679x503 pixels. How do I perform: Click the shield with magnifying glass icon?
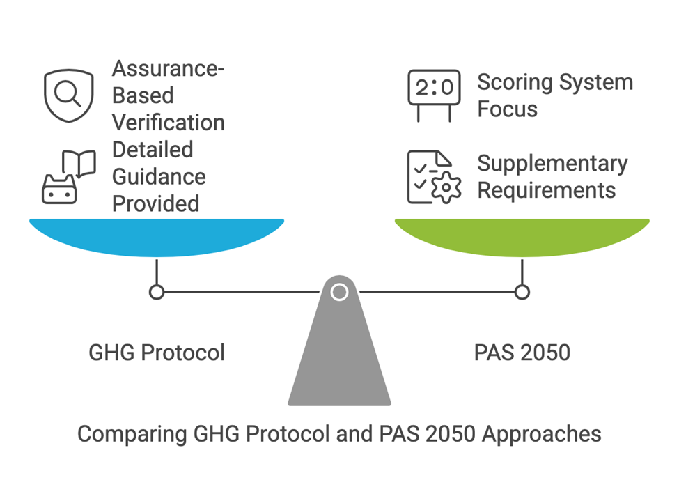click(x=68, y=96)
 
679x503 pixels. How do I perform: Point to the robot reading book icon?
click(x=68, y=177)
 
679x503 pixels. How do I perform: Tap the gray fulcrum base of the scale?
click(x=339, y=355)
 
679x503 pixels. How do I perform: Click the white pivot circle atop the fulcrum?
click(x=339, y=292)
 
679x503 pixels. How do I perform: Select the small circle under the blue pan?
click(x=157, y=292)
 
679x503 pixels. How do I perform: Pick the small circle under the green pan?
click(x=522, y=292)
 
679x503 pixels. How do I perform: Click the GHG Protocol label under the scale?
click(x=157, y=353)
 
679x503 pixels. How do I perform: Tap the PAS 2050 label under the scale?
click(x=522, y=353)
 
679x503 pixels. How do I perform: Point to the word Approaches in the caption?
click(x=542, y=434)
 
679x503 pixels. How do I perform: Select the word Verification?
click(x=169, y=123)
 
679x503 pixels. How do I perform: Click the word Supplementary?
click(x=552, y=164)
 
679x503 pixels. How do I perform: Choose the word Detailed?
click(x=153, y=150)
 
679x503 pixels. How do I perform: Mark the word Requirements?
click(x=547, y=190)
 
